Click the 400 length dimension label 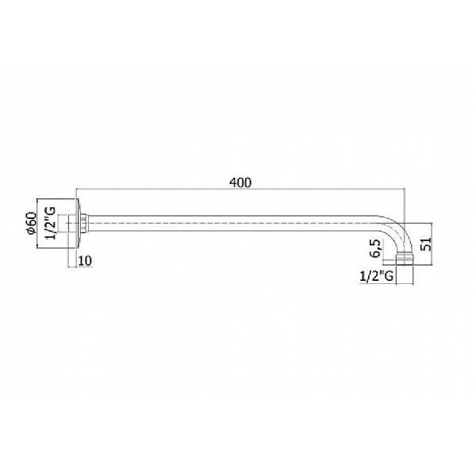click(x=240, y=182)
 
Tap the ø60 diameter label click(x=32, y=223)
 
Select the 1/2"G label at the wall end click(x=51, y=223)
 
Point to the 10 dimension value click(x=85, y=261)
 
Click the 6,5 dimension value click(x=375, y=248)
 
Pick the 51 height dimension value click(x=425, y=244)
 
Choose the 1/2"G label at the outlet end click(x=376, y=276)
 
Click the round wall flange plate click(x=78, y=224)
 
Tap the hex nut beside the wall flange click(x=85, y=224)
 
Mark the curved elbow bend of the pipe click(x=398, y=230)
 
